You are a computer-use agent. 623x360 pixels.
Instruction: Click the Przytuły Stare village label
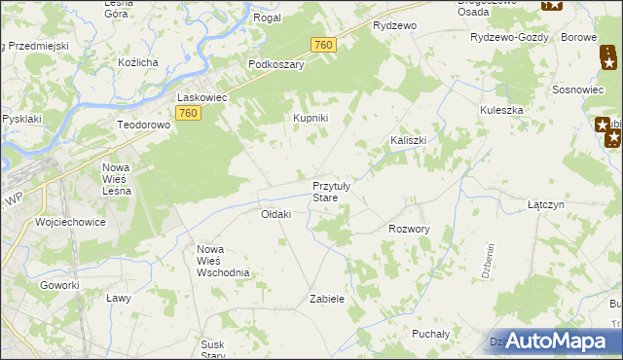pos(337,191)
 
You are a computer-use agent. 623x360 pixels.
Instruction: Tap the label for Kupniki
pos(311,118)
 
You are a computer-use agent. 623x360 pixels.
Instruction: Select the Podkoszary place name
pos(276,64)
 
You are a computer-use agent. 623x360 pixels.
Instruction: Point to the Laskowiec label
pos(202,97)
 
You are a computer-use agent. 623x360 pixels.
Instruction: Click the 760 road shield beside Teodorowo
pos(189,115)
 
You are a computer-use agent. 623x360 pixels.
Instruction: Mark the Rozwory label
pos(409,229)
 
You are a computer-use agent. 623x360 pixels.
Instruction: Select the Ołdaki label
pos(275,214)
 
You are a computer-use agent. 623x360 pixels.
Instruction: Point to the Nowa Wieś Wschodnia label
pos(224,261)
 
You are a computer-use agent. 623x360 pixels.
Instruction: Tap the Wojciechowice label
pos(70,222)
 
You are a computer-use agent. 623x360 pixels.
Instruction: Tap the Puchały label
pos(430,334)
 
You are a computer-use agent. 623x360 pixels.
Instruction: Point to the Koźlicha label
pos(137,62)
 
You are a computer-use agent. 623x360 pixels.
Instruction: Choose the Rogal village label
pos(267,18)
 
